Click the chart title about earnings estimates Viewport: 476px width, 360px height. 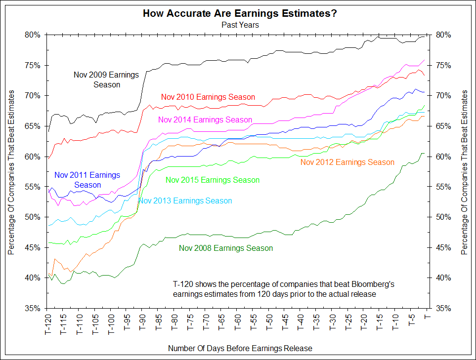tap(240, 13)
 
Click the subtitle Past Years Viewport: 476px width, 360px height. tap(240, 24)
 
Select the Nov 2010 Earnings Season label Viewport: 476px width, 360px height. tap(208, 97)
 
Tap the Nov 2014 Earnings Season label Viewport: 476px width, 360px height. tap(205, 120)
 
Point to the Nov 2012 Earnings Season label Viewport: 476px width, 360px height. tap(347, 162)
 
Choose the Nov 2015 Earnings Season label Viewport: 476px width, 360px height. tap(213, 180)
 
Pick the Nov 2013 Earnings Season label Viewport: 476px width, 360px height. tap(185, 201)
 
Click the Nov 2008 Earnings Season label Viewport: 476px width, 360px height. tap(226, 248)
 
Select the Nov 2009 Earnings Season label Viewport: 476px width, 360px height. tap(106, 80)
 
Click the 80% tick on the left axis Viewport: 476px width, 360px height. tap(32, 35)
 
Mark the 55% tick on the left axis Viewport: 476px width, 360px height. tap(32, 187)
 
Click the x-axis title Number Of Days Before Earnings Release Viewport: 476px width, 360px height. tap(240, 349)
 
